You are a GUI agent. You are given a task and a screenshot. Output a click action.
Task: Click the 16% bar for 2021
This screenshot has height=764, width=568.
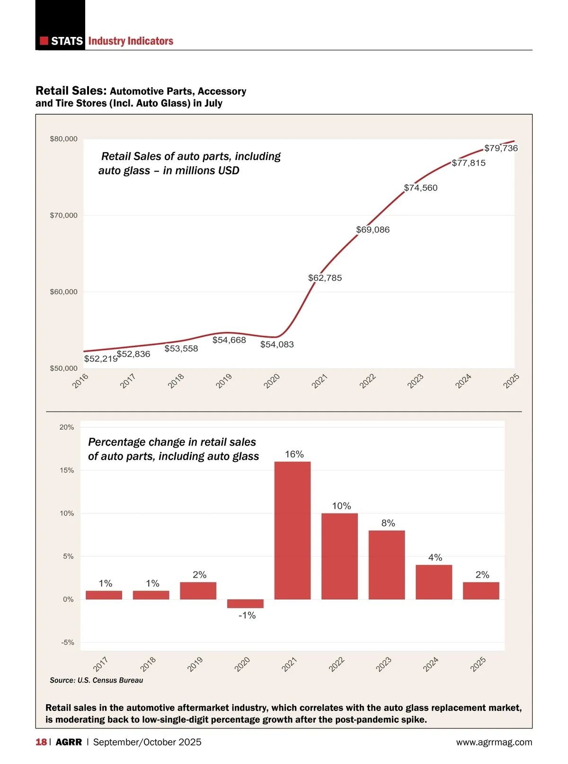(x=293, y=530)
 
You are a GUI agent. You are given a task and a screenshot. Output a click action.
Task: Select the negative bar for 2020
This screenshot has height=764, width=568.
(x=245, y=604)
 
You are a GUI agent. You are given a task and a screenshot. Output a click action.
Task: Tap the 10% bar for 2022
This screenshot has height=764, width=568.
(x=339, y=557)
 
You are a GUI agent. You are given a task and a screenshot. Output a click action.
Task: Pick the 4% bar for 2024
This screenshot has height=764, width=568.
(x=434, y=582)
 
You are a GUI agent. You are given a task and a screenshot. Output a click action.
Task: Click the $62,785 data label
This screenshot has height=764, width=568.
(x=325, y=278)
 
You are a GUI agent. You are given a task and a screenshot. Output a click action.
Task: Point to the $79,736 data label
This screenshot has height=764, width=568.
(x=501, y=148)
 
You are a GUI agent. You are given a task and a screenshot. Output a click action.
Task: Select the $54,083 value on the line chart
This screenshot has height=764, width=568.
(x=277, y=344)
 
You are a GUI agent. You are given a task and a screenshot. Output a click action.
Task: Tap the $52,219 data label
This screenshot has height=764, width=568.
(x=100, y=359)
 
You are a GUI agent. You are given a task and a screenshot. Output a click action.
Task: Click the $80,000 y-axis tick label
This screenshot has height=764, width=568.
(x=63, y=139)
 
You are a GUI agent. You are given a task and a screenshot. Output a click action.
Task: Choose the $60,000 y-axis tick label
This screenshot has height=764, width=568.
(x=63, y=292)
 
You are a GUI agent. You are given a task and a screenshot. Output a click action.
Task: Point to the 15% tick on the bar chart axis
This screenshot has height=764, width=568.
(x=67, y=470)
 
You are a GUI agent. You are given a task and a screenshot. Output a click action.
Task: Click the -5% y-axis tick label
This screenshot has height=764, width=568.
(x=67, y=642)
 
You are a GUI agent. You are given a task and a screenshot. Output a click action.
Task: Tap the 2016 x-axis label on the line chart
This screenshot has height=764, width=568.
(x=80, y=381)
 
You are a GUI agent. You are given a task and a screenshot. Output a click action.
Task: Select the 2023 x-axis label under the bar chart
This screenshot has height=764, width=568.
(x=383, y=664)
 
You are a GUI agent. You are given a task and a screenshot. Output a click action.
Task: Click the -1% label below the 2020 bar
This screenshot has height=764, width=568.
(x=247, y=615)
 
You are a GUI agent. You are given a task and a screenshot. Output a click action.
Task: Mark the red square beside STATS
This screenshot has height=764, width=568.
(x=44, y=41)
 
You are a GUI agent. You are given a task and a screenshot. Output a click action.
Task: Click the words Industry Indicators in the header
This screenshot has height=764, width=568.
(x=131, y=41)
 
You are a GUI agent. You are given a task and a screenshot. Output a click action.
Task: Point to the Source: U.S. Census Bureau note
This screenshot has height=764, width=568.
(x=96, y=680)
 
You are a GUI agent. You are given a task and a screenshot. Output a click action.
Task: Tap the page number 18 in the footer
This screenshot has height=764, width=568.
(x=41, y=742)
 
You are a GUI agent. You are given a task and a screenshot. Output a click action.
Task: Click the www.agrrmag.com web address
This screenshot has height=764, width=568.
(x=494, y=742)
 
